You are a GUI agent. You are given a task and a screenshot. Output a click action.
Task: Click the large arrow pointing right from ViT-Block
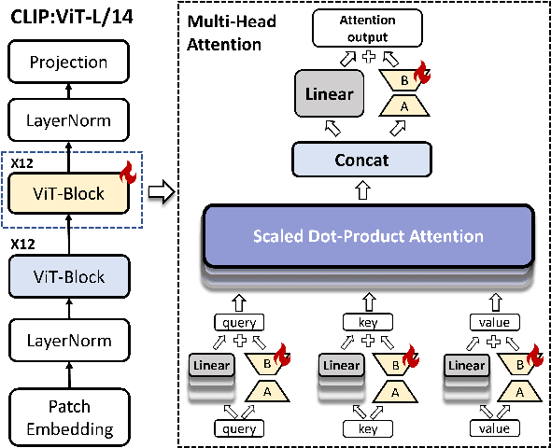(x=162, y=194)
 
